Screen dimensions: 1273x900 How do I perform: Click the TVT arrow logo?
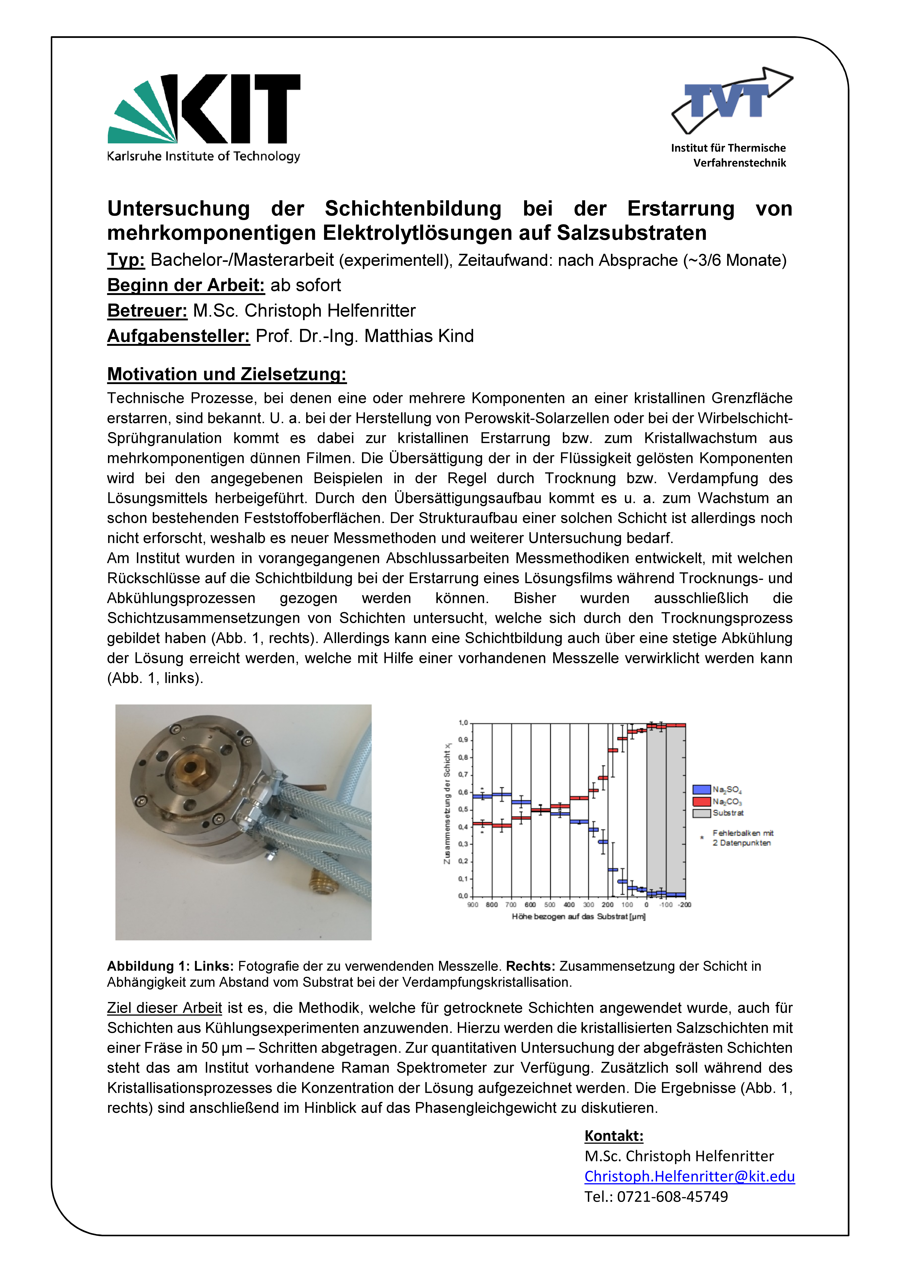731,100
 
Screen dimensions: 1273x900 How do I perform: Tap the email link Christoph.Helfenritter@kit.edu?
689,1176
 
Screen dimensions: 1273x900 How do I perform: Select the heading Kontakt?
614,1136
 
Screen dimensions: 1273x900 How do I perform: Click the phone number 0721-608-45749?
672,1196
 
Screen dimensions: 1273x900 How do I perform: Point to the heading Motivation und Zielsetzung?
227,374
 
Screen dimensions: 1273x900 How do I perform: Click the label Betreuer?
147,311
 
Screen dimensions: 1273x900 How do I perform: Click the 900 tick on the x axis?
472,905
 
